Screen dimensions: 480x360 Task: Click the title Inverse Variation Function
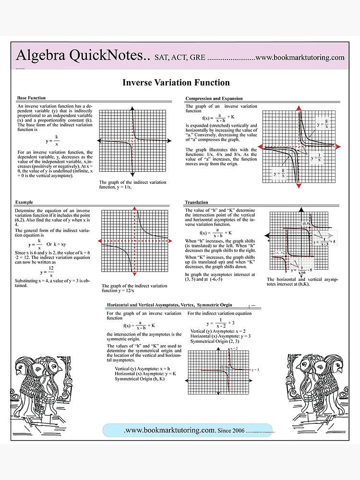click(176, 83)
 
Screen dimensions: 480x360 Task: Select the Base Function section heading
click(31, 98)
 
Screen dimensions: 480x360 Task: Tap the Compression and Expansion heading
click(214, 98)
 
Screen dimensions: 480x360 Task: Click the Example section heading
click(24, 203)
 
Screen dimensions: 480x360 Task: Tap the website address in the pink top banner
click(300, 58)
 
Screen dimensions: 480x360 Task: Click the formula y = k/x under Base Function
click(53, 141)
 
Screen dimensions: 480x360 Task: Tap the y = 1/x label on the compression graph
click(317, 157)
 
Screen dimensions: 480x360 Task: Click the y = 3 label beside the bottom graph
click(255, 370)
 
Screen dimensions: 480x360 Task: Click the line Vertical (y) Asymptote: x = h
click(143, 368)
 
